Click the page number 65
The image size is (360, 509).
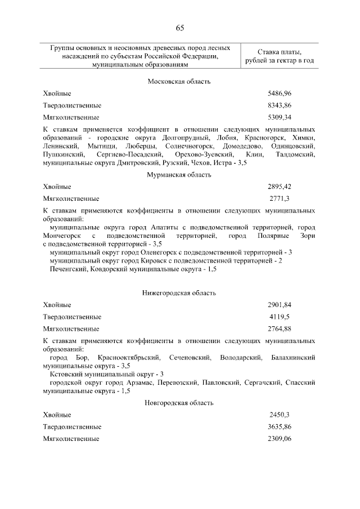179,29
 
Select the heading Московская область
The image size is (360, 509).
179,82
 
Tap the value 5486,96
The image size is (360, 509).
280,93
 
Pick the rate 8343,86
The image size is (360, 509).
280,105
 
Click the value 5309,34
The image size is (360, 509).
280,118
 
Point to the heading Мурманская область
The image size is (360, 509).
179,175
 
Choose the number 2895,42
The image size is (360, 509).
280,187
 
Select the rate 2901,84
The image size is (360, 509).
280,305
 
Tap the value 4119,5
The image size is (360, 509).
280,317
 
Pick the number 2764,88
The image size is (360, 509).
280,328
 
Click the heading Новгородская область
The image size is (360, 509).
179,403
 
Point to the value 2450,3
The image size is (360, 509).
280,415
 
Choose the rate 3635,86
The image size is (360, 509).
280,426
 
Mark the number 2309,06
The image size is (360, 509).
280,438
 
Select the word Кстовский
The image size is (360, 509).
66,374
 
